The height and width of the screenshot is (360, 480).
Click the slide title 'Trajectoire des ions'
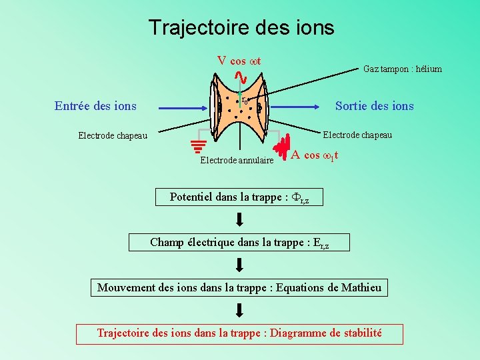tap(241, 27)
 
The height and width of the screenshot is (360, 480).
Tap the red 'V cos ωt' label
tap(239, 61)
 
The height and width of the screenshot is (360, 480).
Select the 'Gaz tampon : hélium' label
tap(402, 69)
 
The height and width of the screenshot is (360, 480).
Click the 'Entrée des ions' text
tap(95, 105)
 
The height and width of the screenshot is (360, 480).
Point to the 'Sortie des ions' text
tap(374, 106)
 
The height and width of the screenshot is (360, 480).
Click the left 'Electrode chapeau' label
tap(113, 135)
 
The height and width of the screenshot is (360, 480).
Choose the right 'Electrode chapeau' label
tap(357, 135)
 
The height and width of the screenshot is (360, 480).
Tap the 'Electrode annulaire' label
tap(237, 160)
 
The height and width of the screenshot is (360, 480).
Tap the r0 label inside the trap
tap(245, 101)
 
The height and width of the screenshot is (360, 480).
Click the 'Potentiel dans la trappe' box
tap(239, 197)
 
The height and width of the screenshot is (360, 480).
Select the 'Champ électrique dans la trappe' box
tap(239, 243)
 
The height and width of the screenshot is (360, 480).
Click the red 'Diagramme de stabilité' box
tap(239, 333)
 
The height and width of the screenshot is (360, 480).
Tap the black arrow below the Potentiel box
tap(239, 219)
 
